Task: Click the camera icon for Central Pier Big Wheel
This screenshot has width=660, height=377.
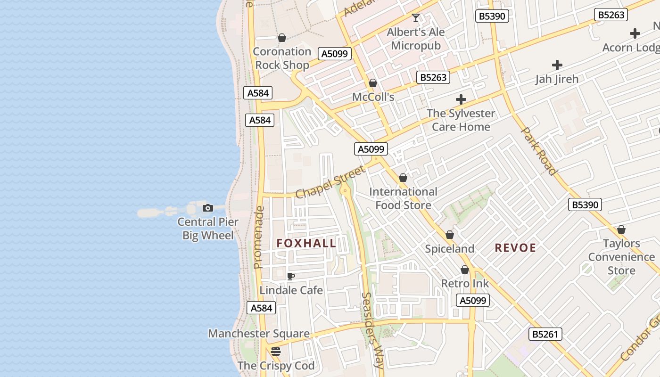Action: coord(208,208)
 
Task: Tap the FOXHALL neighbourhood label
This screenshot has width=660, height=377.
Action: coord(306,243)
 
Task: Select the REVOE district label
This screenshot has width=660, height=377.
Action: coord(515,248)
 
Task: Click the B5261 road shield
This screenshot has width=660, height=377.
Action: coord(545,334)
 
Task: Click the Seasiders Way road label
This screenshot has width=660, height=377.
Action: coord(373,330)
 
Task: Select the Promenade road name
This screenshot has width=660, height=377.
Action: coord(258,237)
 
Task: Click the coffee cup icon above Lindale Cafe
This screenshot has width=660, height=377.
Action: coord(291,276)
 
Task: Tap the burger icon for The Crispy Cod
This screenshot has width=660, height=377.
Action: coord(276,352)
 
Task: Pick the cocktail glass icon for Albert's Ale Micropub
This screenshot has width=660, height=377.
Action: coord(416,18)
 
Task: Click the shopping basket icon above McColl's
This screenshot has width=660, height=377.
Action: coord(373,83)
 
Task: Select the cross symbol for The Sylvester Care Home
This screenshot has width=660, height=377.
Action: coord(461,99)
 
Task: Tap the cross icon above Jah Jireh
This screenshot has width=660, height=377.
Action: coord(557,65)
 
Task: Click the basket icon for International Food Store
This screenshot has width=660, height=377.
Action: coord(403,178)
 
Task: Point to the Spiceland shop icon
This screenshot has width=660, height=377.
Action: coord(450,235)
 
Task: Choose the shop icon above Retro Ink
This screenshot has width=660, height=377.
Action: coord(465,270)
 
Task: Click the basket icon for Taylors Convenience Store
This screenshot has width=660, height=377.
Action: coord(621,229)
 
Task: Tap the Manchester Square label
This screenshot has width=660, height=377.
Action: coord(259,334)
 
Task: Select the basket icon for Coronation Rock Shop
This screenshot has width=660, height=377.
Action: coord(282,38)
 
